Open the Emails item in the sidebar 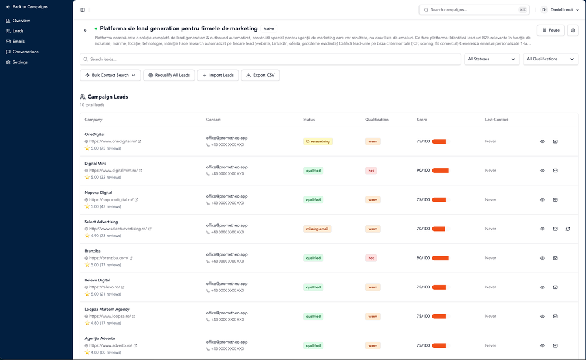coord(18,42)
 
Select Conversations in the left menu coord(25,52)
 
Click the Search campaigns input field coord(473,10)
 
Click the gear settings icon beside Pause coord(573,30)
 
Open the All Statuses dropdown coord(492,59)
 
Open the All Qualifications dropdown coord(551,59)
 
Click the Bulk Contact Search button coord(110,75)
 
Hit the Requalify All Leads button coord(169,75)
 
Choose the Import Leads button coord(218,75)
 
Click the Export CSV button coord(260,75)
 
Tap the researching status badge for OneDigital coord(318,141)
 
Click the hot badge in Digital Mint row coord(371,171)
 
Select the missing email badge coord(317,229)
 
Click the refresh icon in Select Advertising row coord(568,229)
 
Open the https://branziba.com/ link coord(108,258)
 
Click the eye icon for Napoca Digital coord(543,200)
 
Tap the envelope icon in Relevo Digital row coord(555,287)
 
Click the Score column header coord(422,120)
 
